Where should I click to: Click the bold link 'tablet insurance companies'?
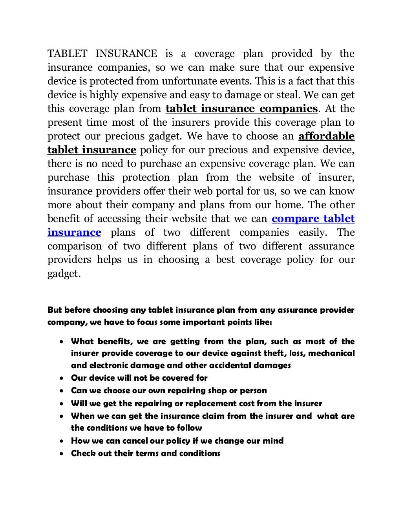241,108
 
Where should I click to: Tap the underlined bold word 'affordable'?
326,136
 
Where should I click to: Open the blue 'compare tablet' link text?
313,218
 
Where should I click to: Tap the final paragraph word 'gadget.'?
64,274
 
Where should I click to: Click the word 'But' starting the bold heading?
55,310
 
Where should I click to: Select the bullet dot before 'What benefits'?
62,342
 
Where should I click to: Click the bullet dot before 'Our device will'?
62,378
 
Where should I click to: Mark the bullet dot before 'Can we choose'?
62,391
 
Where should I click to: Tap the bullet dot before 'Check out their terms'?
62,454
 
